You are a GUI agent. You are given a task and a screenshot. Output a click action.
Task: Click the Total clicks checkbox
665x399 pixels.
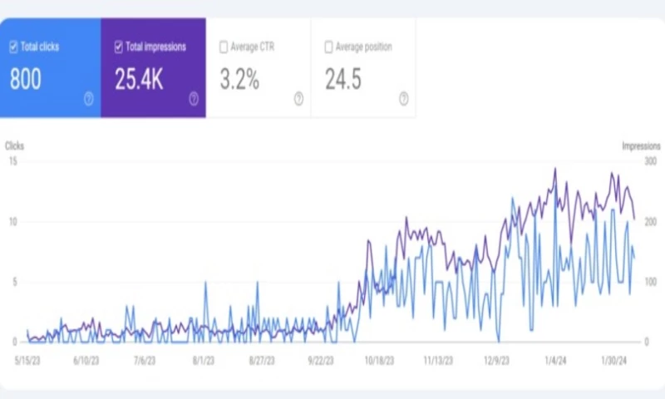pyautogui.click(x=13, y=47)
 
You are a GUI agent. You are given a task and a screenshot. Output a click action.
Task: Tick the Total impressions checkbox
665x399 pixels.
pyautogui.click(x=119, y=47)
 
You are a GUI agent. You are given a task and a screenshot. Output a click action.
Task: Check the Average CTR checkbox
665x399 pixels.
pyautogui.click(x=224, y=47)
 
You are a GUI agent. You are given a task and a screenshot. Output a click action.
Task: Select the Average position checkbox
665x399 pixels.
pyautogui.click(x=328, y=47)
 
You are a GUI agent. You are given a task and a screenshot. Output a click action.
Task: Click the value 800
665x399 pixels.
pyautogui.click(x=25, y=80)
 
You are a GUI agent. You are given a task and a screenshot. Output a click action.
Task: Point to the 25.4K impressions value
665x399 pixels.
pyautogui.click(x=140, y=80)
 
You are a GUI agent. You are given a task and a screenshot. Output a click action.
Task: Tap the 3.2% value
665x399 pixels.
pyautogui.click(x=239, y=80)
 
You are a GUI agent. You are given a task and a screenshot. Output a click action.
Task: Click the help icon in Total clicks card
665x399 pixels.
pyautogui.click(x=88, y=99)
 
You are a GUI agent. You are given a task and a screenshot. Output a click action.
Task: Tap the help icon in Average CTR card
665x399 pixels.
pyautogui.click(x=298, y=99)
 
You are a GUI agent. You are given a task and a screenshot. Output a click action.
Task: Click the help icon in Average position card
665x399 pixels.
pyautogui.click(x=403, y=99)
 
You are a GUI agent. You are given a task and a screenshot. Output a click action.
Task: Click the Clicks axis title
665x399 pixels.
pyautogui.click(x=15, y=145)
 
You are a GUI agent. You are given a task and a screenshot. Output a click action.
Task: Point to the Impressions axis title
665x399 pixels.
pyautogui.click(x=641, y=145)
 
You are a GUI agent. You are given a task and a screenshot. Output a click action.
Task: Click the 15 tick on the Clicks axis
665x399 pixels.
pyautogui.click(x=12, y=161)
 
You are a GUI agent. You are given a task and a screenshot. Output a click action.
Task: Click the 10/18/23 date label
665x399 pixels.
pyautogui.click(x=378, y=361)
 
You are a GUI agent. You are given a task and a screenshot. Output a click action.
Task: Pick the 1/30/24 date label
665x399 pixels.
pyautogui.click(x=618, y=361)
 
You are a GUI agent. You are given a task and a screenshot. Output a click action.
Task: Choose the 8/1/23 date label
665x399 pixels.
pyautogui.click(x=204, y=361)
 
